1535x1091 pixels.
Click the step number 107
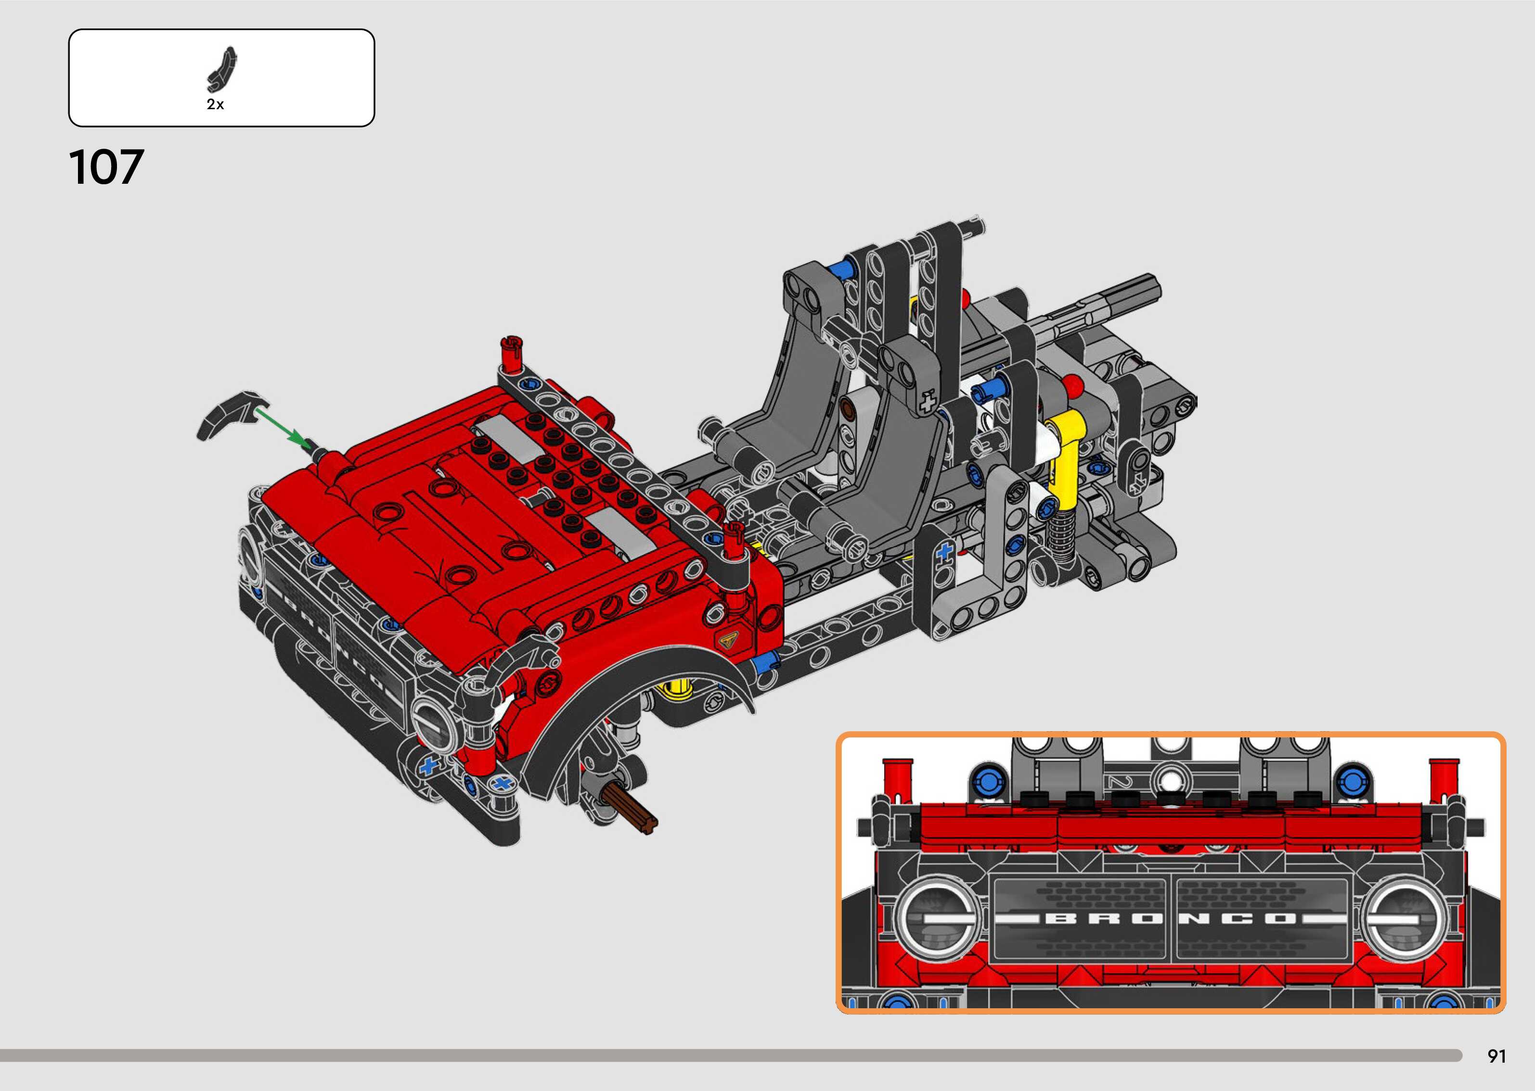[106, 167]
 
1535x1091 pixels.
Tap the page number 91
[1496, 1056]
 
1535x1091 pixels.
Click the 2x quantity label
[215, 104]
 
